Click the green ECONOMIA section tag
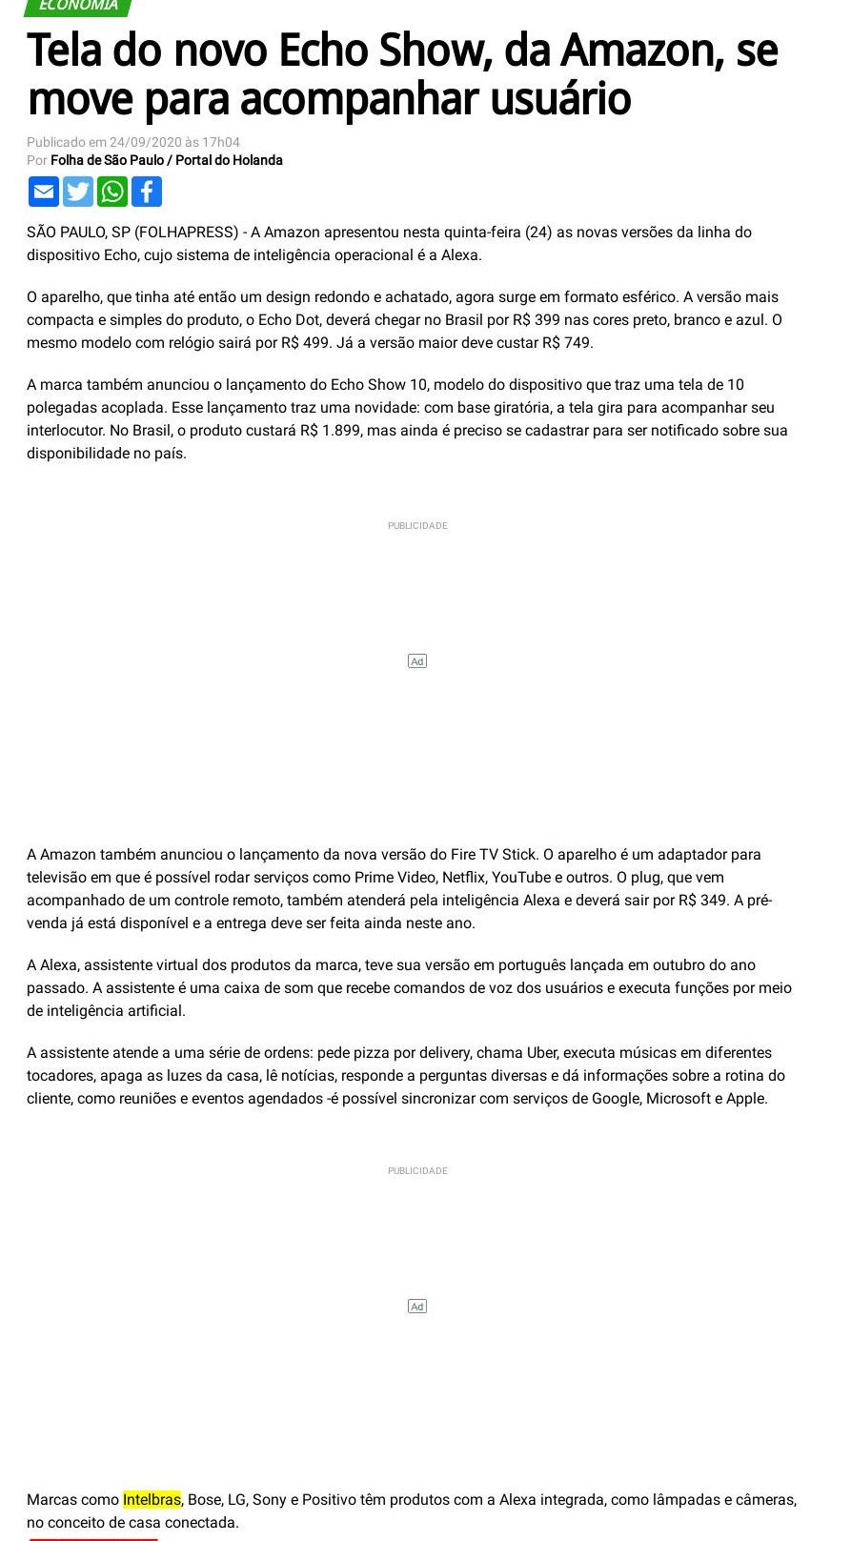(78, 7)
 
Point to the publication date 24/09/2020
(145, 142)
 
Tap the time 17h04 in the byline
(220, 142)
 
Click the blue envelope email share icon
(44, 192)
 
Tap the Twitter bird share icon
(78, 192)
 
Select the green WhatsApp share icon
(112, 192)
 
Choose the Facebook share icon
(147, 192)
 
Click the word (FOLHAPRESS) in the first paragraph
(187, 232)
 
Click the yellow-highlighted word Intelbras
(152, 1499)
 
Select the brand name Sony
(269, 1499)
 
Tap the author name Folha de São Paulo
(107, 160)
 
